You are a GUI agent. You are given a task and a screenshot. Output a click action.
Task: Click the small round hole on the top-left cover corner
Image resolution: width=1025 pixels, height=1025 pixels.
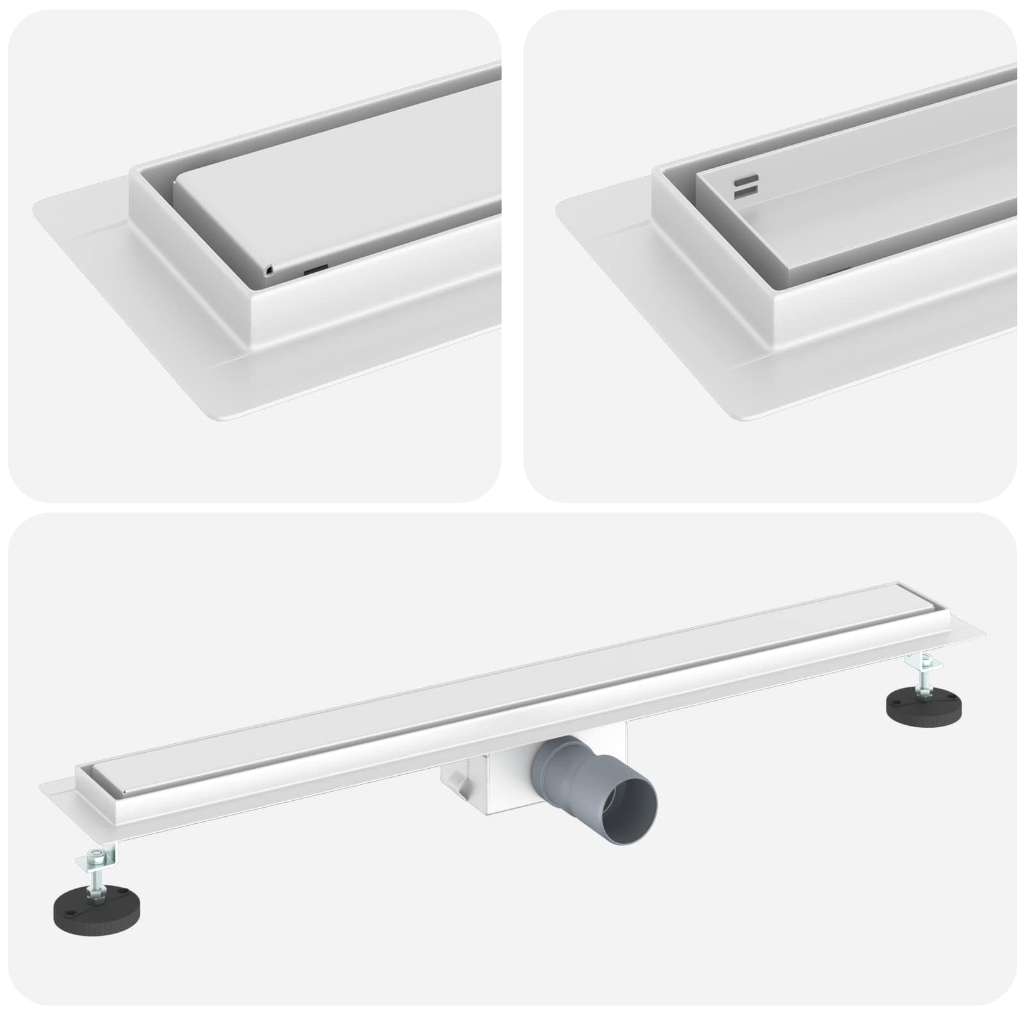click(270, 271)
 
